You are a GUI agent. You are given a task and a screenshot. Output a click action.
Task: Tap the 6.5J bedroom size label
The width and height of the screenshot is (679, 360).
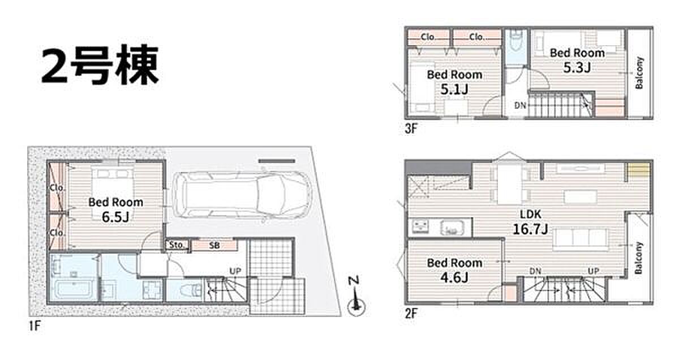pyautogui.click(x=115, y=217)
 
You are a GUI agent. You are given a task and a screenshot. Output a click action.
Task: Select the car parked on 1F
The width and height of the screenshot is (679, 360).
pyautogui.click(x=243, y=195)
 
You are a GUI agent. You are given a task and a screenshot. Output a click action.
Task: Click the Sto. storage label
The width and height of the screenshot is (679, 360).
pyautogui.click(x=177, y=245)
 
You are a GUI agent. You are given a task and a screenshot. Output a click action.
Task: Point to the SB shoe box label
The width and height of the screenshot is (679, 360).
pyautogui.click(x=214, y=245)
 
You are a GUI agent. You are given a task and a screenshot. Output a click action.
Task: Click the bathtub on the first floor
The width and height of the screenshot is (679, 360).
pyautogui.click(x=74, y=290)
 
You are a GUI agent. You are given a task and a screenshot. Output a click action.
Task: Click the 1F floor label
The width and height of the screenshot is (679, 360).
pyautogui.click(x=35, y=326)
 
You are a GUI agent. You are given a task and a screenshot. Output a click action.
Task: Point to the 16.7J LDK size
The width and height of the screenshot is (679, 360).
pyautogui.click(x=531, y=229)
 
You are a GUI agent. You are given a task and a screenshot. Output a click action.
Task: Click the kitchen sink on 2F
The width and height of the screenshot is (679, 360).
pyautogui.click(x=453, y=228)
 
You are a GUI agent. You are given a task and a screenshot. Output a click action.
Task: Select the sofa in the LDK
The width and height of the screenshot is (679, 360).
pyautogui.click(x=581, y=239)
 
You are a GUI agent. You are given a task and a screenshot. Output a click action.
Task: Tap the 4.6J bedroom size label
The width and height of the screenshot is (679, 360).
pyautogui.click(x=454, y=277)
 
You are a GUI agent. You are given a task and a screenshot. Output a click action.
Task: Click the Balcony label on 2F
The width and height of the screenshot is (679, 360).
pyautogui.click(x=639, y=258)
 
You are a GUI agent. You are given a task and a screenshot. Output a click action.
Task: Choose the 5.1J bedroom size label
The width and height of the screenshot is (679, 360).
pyautogui.click(x=454, y=89)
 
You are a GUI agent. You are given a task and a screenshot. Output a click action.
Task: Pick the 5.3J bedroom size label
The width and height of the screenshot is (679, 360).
pyautogui.click(x=577, y=67)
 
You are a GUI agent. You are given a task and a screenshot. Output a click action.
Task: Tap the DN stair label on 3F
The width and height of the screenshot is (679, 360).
pyautogui.click(x=520, y=105)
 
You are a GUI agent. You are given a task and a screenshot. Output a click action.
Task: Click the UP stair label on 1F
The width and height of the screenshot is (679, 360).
pyautogui.click(x=235, y=271)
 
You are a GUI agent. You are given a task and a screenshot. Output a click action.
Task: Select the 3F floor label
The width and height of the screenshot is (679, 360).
pyautogui.click(x=411, y=129)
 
